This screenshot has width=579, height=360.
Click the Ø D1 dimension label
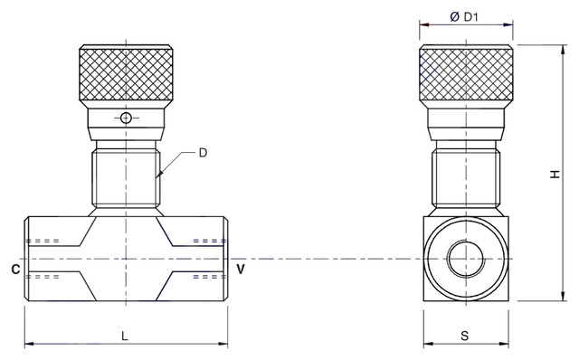point(464,16)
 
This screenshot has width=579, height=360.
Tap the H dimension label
point(555,175)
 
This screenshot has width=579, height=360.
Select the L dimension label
point(125,336)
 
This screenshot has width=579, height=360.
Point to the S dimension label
point(464,336)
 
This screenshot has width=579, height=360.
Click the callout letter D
point(203,153)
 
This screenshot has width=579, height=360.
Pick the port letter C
point(15,270)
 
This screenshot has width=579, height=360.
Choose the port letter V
point(241,270)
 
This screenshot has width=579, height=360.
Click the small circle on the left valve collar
point(126,118)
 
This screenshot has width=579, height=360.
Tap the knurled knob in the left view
point(126,72)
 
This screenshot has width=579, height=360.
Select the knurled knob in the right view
point(466,72)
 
